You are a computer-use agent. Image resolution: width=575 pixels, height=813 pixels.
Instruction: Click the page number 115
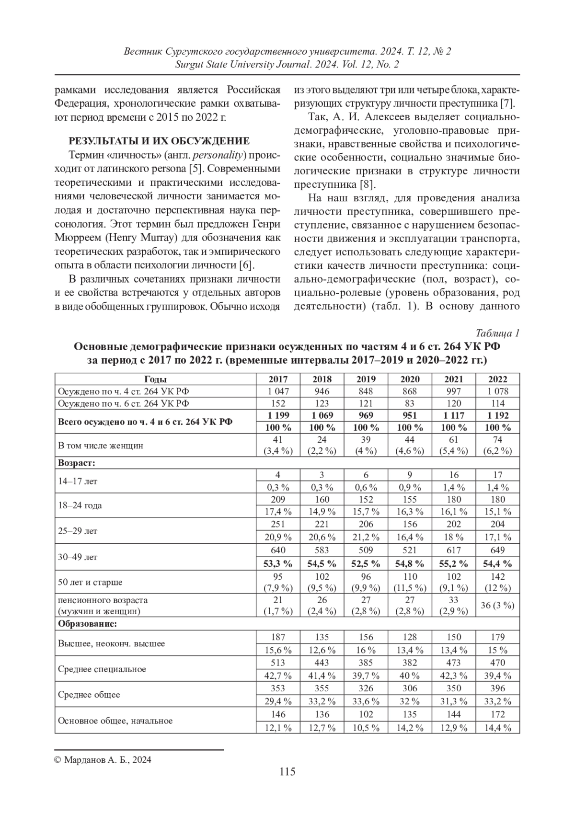pyautogui.click(x=287, y=771)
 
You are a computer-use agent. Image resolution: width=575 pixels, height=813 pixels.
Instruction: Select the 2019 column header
pyautogui.click(x=366, y=379)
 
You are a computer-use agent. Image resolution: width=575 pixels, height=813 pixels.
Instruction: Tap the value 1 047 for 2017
pyautogui.click(x=278, y=391)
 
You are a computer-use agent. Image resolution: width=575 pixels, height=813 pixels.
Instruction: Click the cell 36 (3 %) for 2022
pyautogui.click(x=498, y=605)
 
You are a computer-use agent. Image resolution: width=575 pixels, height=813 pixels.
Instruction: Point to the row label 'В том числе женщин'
pyautogui.click(x=101, y=446)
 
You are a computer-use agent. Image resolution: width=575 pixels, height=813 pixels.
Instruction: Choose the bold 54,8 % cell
pyautogui.click(x=410, y=563)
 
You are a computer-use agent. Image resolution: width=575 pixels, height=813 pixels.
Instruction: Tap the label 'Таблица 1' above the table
pyautogui.click(x=497, y=333)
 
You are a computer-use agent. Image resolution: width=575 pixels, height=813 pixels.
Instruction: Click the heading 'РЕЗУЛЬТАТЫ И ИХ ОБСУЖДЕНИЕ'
pyautogui.click(x=159, y=141)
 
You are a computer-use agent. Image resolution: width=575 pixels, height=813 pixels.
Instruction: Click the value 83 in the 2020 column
pyautogui.click(x=410, y=403)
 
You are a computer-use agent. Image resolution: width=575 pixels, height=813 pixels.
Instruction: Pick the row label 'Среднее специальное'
pyautogui.click(x=102, y=669)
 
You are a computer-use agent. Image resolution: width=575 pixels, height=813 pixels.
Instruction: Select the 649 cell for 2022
pyautogui.click(x=498, y=550)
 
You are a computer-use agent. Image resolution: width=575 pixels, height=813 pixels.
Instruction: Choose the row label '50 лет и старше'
pyautogui.click(x=90, y=582)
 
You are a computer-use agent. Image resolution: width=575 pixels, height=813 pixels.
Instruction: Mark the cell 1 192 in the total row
pyautogui.click(x=498, y=415)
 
